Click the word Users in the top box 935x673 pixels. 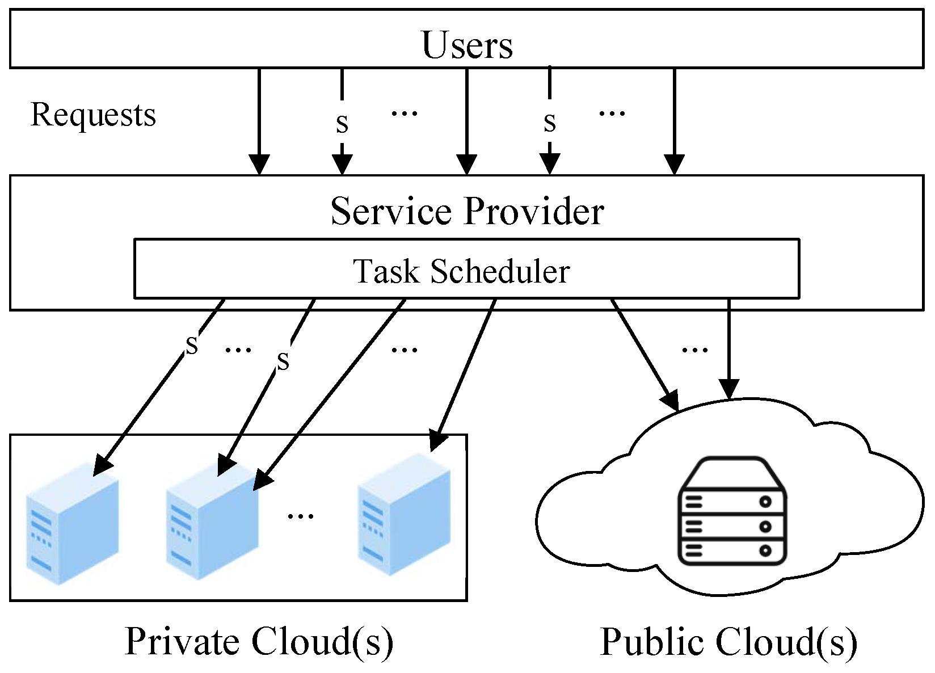[467, 45]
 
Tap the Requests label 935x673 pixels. [93, 115]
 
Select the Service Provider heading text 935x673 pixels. [467, 211]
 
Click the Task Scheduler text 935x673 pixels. [461, 271]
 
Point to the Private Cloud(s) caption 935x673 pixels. [259, 641]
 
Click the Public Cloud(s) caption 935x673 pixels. [728, 642]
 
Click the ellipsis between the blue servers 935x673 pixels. [300, 515]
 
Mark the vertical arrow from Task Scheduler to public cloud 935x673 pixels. [729, 346]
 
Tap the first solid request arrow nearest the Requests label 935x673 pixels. [259, 119]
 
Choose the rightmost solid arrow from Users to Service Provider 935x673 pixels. [674, 119]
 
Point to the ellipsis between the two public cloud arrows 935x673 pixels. [694, 349]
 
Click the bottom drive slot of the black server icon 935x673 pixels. [732, 550]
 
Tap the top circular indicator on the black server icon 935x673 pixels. [765, 502]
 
